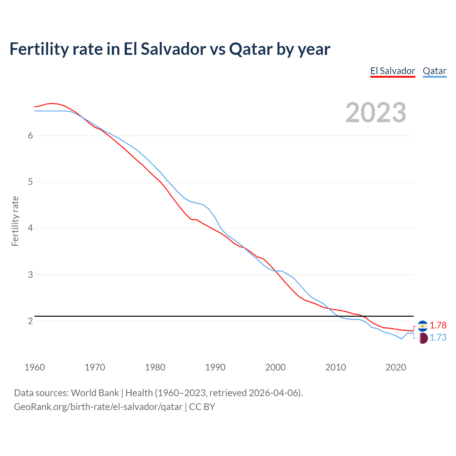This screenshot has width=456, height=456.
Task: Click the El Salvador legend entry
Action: click(393, 71)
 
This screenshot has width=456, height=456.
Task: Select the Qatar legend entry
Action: click(434, 71)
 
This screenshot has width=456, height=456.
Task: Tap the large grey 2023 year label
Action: click(375, 113)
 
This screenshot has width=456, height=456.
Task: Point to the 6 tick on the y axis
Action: click(30, 136)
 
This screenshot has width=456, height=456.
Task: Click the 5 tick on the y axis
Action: click(30, 182)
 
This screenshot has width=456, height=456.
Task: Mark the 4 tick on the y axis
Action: click(30, 228)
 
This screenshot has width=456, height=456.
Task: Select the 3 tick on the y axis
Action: click(30, 275)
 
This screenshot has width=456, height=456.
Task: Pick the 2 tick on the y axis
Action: click(30, 321)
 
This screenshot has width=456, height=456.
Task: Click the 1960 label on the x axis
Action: click(35, 367)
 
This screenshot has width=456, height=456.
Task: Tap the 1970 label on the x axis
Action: click(95, 367)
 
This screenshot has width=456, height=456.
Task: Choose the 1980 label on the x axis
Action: click(155, 367)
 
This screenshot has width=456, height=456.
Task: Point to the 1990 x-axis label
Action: click(215, 367)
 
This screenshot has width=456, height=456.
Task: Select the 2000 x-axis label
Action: click(275, 367)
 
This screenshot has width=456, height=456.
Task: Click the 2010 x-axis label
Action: click(336, 367)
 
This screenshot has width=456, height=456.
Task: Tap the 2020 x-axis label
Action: click(396, 367)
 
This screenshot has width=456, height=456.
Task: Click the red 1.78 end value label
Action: click(438, 326)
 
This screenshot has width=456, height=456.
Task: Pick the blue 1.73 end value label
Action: click(438, 338)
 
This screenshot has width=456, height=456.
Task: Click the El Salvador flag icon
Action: click(423, 326)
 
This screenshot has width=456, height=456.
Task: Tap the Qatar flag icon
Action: click(423, 338)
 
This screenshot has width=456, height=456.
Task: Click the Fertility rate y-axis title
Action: click(15, 221)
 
